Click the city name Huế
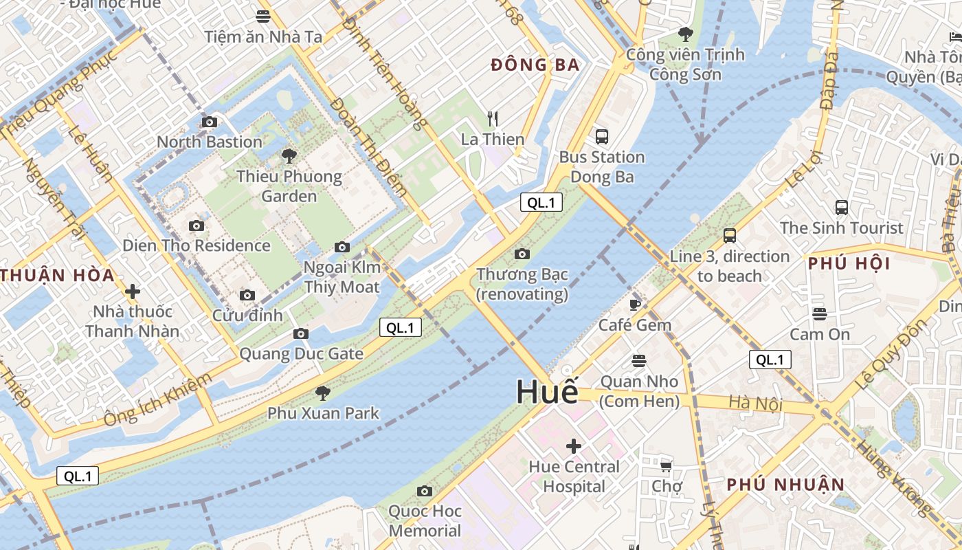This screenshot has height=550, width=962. click(x=547, y=392)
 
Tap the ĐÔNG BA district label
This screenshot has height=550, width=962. click(x=536, y=65)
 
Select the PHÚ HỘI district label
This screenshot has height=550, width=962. click(x=849, y=263)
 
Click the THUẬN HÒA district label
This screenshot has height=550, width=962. click(x=57, y=276)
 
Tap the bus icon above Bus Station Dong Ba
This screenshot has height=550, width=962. click(x=602, y=136)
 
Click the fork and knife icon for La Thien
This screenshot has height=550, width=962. click(x=492, y=119)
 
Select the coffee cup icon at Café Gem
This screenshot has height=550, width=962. click(x=635, y=304)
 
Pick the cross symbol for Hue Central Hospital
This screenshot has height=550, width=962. click(x=573, y=446)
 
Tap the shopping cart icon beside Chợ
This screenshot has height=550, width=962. click(x=666, y=467)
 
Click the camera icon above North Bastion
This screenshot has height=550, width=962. click(x=210, y=122)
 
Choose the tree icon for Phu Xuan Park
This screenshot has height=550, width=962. click(x=322, y=393)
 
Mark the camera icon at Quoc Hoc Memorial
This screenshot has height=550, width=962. click(x=425, y=491)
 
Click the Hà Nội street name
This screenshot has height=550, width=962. click(x=756, y=403)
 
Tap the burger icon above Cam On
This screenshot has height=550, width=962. click(x=819, y=314)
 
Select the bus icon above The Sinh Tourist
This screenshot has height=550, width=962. click(x=841, y=207)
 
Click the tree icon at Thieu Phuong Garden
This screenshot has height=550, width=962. click(x=289, y=156)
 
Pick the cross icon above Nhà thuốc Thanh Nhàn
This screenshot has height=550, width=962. click(x=133, y=291)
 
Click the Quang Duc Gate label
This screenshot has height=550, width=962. click(x=301, y=354)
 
